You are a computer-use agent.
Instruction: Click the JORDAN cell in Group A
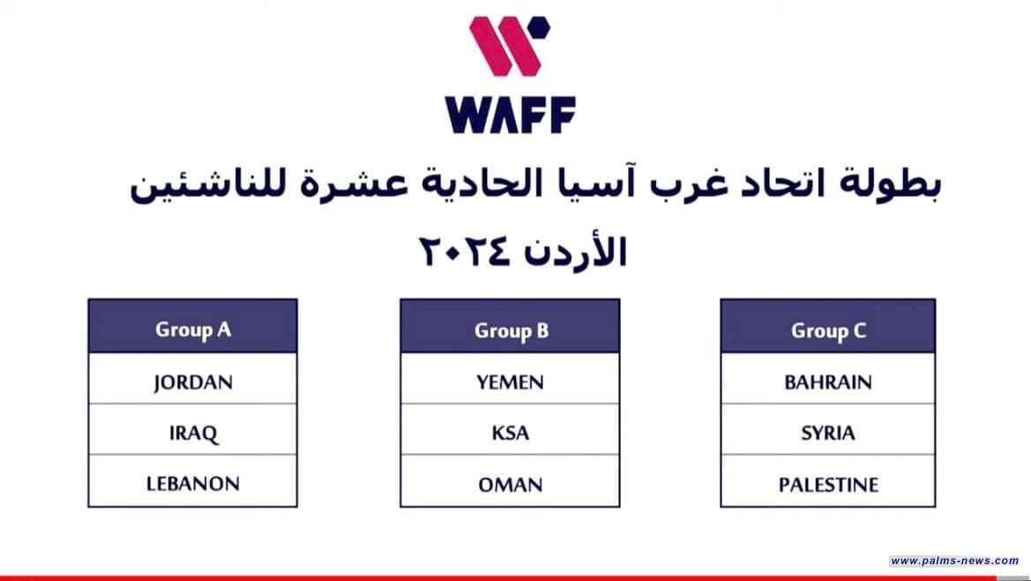click(x=192, y=382)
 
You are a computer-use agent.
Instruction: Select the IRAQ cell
click(x=192, y=433)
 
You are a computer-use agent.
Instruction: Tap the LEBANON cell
click(x=192, y=483)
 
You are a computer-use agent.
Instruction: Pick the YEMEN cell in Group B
click(x=510, y=382)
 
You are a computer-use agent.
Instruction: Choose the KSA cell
click(x=510, y=433)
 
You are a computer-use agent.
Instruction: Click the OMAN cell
click(x=510, y=484)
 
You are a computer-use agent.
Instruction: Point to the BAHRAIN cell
click(x=827, y=382)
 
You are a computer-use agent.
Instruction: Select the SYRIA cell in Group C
click(x=827, y=433)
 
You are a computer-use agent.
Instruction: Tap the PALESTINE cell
click(x=827, y=484)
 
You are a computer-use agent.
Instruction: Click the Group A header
click(x=192, y=329)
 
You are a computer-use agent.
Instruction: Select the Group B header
click(x=510, y=330)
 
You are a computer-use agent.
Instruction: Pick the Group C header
click(x=827, y=330)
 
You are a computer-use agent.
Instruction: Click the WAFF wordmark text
click(x=511, y=115)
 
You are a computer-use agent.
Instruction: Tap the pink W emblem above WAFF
click(x=504, y=46)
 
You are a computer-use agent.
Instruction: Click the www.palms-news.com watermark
click(x=953, y=561)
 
